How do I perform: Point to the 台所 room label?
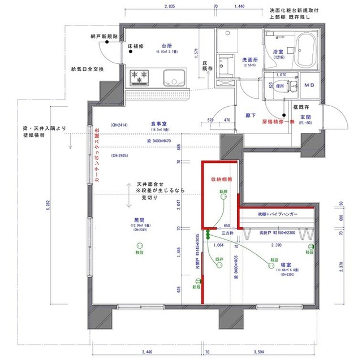pos(166,45)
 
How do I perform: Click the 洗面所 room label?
pos(251,59)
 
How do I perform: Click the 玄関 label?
pos(306,117)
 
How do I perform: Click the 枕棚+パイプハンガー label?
pos(274,214)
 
